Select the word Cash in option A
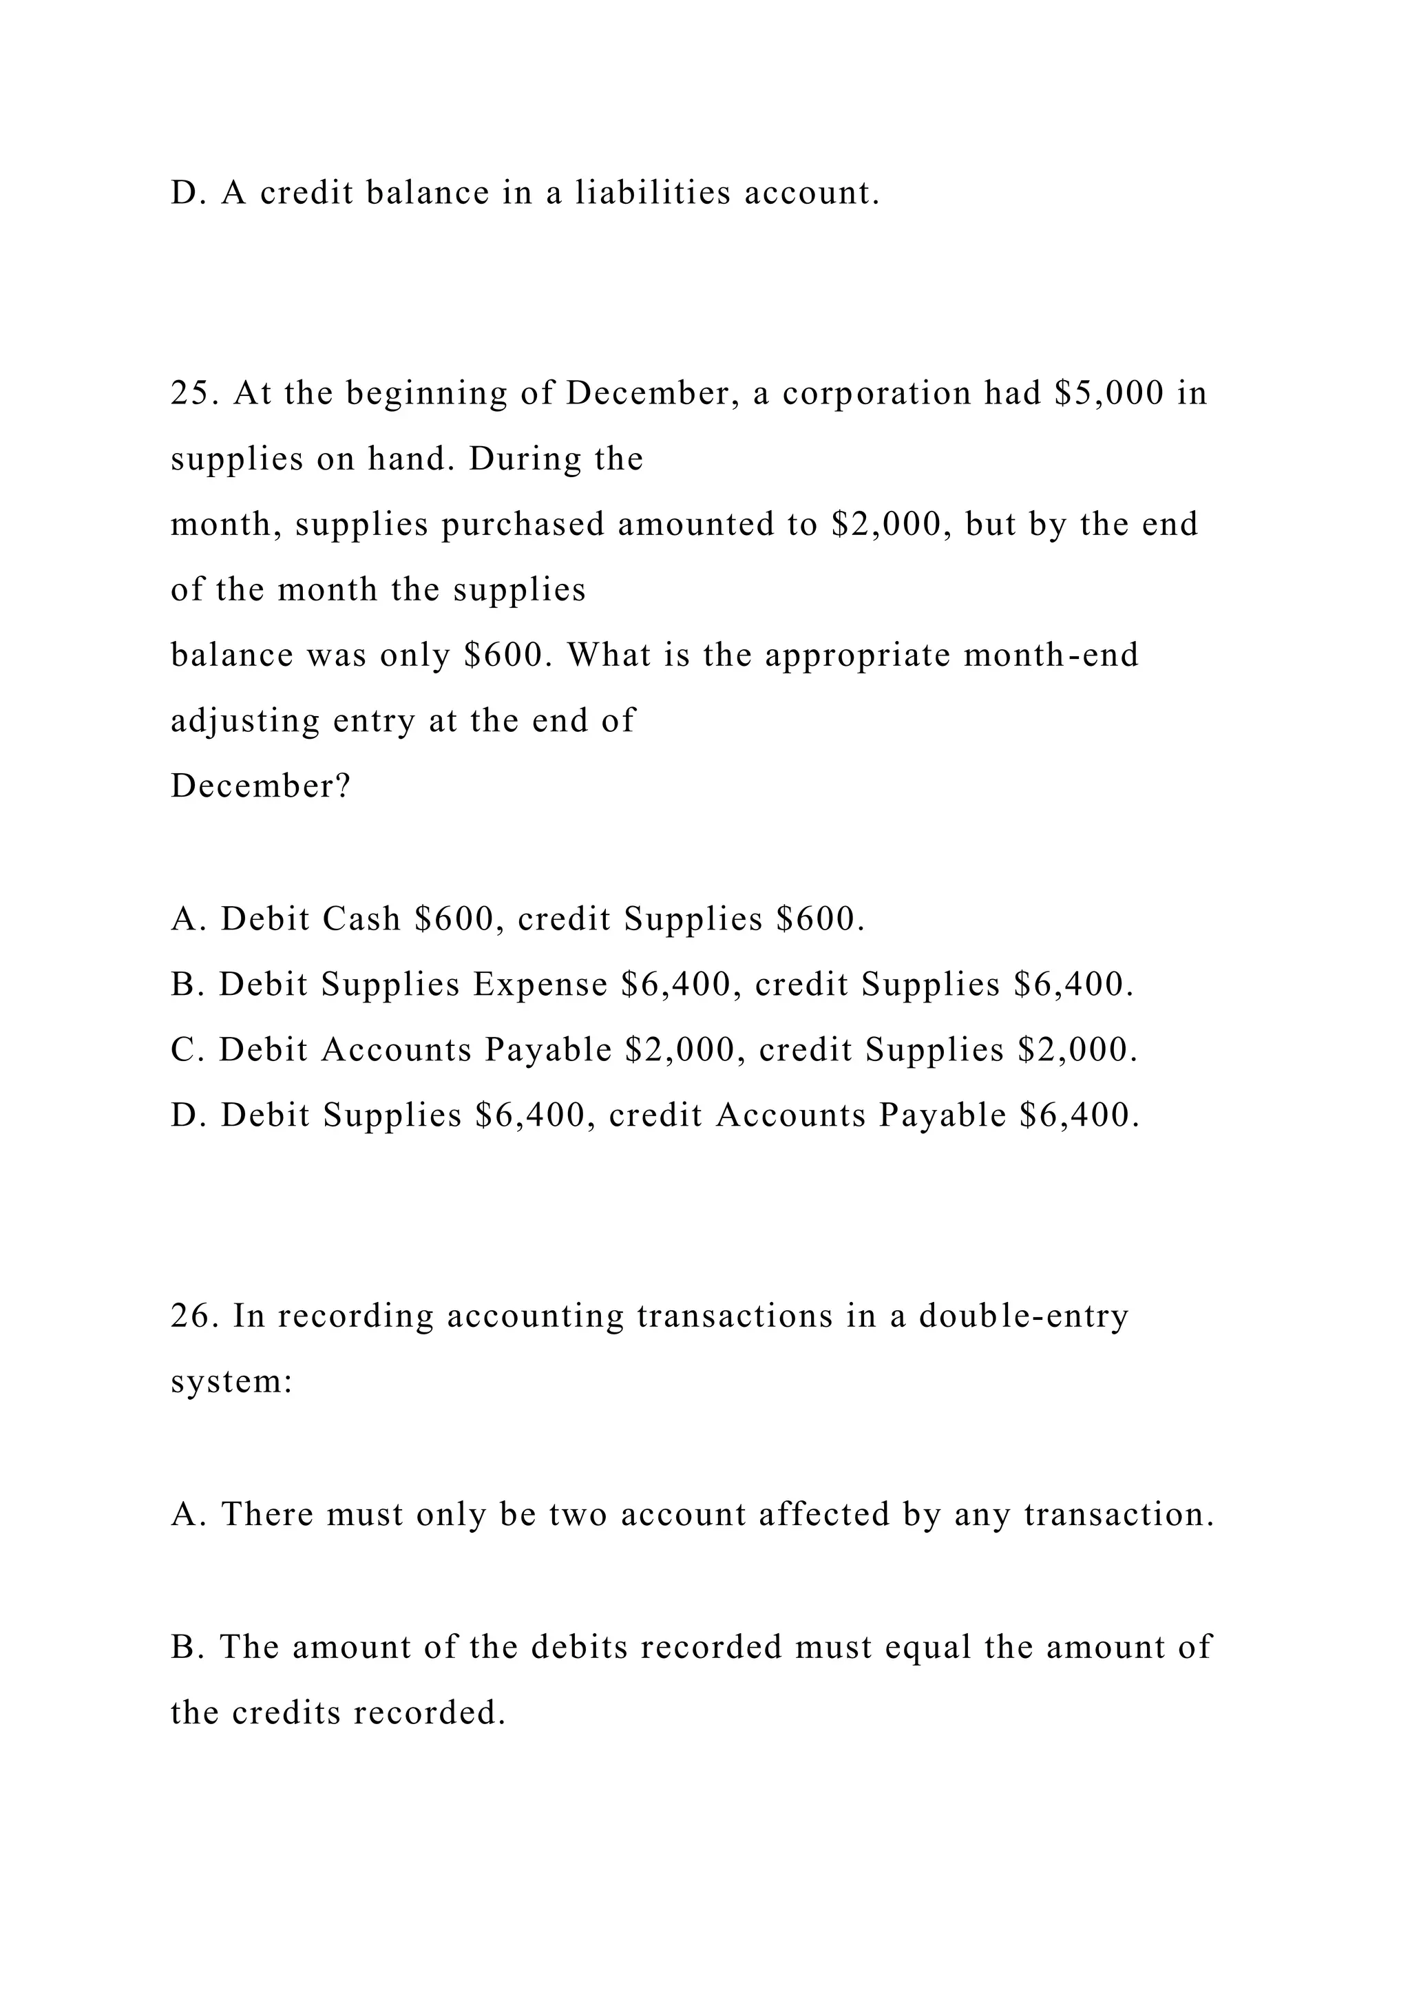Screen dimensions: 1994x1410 click(x=361, y=919)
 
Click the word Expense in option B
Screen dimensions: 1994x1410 click(x=540, y=985)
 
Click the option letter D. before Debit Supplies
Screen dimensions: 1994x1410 click(x=187, y=1116)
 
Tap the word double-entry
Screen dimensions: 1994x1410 click(x=1024, y=1316)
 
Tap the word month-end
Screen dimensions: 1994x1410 click(x=1051, y=655)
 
